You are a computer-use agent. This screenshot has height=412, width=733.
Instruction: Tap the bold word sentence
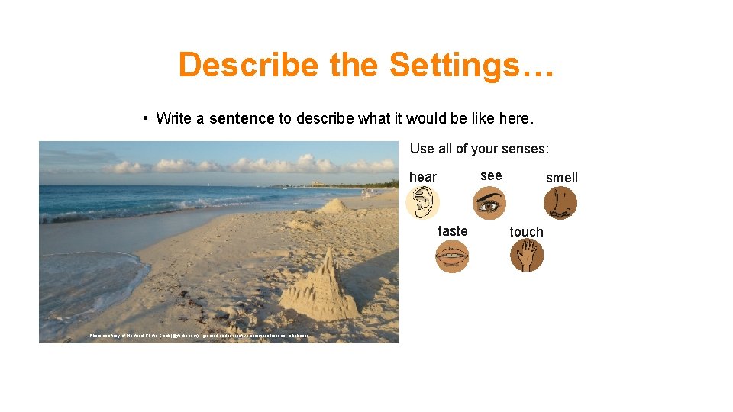(x=241, y=118)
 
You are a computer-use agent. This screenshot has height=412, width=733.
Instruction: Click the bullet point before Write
(x=144, y=118)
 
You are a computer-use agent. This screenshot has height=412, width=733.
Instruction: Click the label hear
(x=423, y=177)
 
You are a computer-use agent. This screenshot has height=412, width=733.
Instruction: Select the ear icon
(x=422, y=204)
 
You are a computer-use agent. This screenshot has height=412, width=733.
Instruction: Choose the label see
(x=491, y=175)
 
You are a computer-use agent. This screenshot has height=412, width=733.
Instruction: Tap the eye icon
(x=489, y=204)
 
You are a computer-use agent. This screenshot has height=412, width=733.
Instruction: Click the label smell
(x=562, y=178)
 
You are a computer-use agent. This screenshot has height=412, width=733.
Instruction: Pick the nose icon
(x=560, y=204)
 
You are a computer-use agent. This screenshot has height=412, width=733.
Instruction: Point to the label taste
(x=453, y=231)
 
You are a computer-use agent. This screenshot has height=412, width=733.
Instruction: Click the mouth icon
(x=451, y=256)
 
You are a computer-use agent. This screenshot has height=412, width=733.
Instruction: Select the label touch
(x=527, y=232)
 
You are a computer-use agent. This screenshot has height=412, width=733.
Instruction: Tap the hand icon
(x=527, y=256)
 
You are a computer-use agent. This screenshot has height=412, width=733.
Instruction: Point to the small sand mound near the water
(x=333, y=205)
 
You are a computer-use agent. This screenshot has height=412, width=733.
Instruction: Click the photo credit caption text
(x=199, y=336)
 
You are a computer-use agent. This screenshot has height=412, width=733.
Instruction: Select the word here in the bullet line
(x=515, y=118)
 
